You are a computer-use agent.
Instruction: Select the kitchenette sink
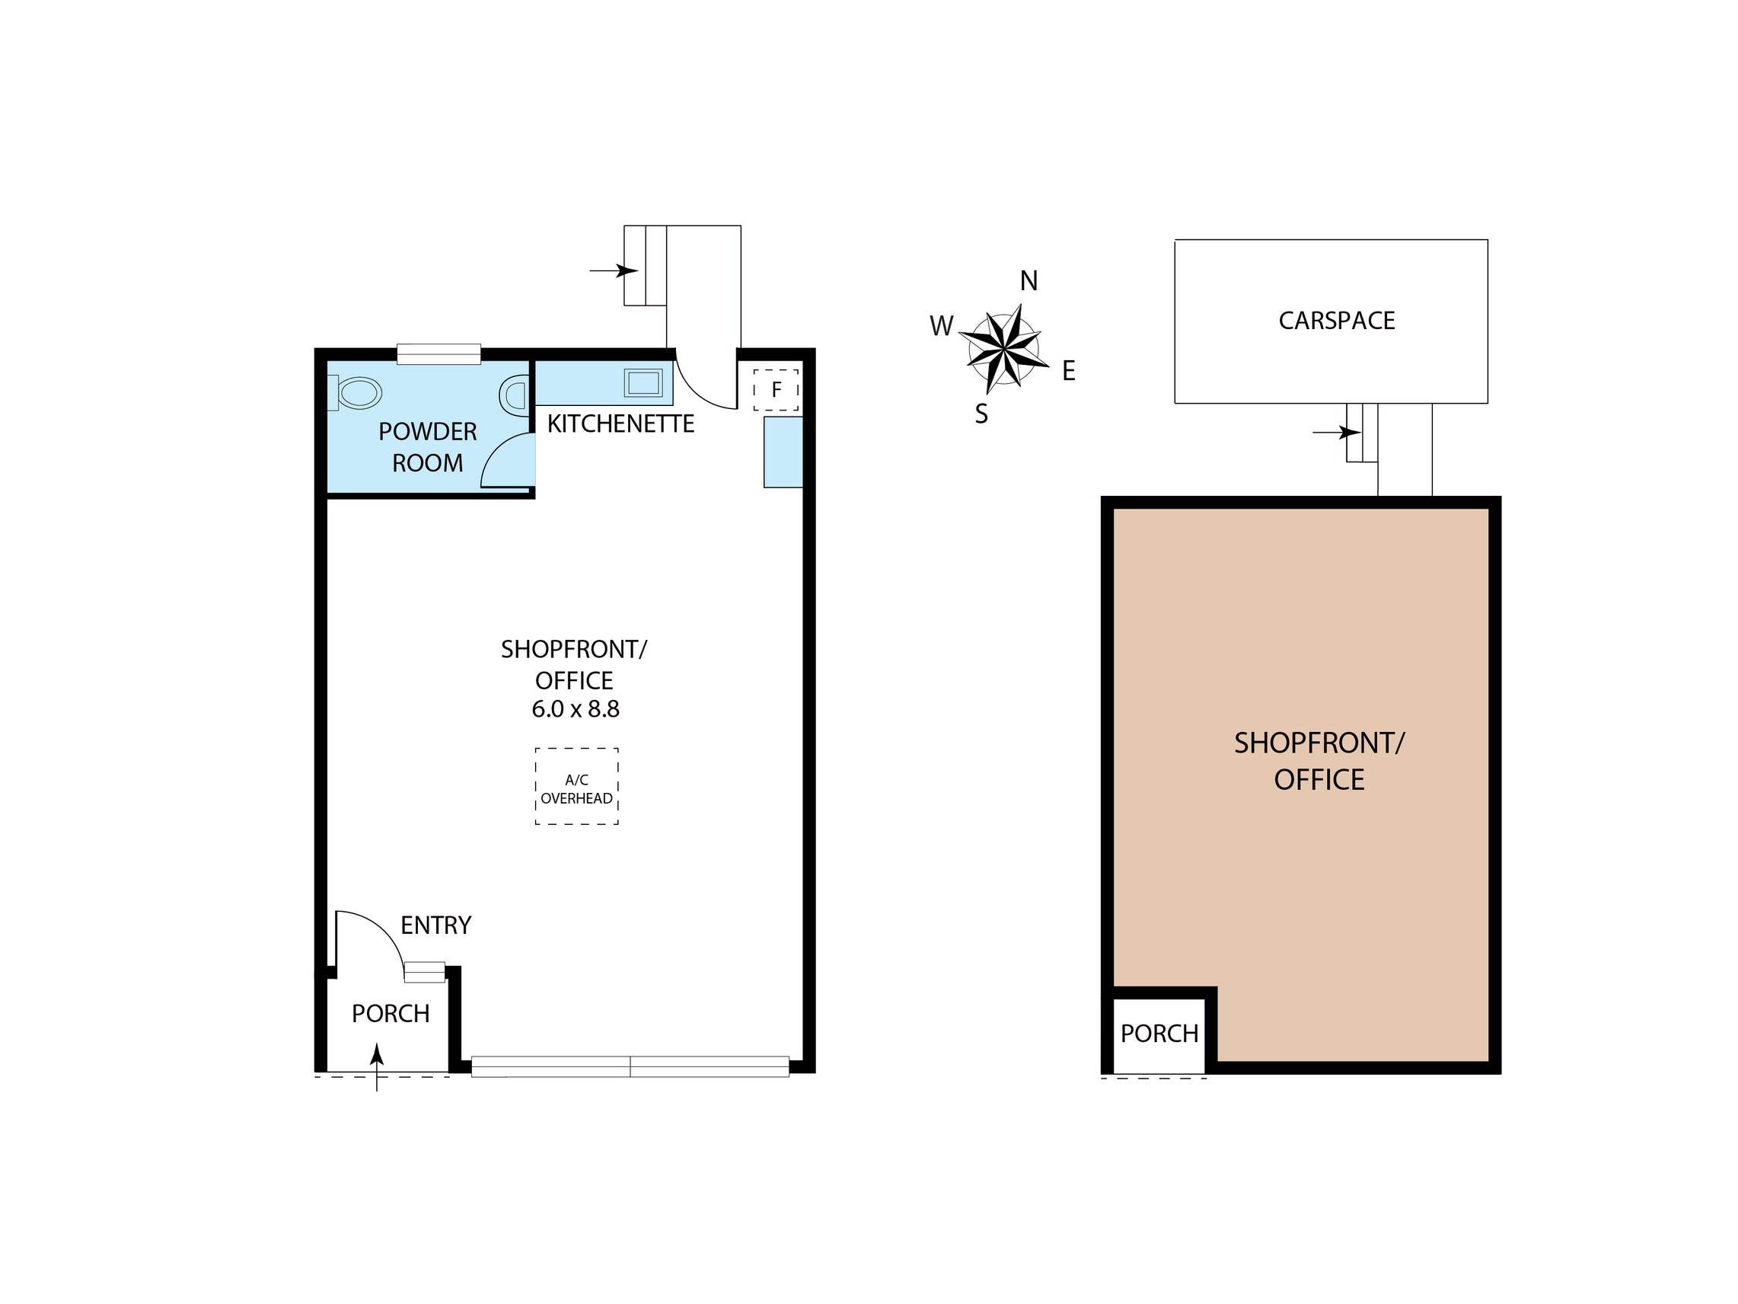pos(643,383)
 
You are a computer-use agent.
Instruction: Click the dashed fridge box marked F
pos(777,389)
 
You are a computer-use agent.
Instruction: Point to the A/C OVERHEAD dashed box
pos(577,786)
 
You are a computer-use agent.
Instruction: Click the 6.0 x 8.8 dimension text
pos(576,709)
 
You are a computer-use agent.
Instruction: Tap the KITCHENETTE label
pos(620,424)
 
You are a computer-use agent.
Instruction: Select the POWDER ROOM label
pos(427,447)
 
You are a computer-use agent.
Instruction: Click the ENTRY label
pos(436,925)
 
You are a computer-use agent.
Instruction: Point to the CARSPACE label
pos(1337,321)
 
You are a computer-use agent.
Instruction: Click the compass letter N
pos(1028,280)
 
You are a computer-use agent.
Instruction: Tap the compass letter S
pos(981,414)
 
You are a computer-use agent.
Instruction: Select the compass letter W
pos(941,325)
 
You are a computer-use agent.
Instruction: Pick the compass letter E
pos(1069,371)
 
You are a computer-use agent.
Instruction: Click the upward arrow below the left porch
pos(377,1067)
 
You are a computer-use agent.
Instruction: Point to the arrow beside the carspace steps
pos(1337,433)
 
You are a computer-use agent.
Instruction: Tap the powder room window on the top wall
pos(438,354)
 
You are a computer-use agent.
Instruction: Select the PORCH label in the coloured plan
pos(1159,1034)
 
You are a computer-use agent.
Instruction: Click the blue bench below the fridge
pos(783,452)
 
